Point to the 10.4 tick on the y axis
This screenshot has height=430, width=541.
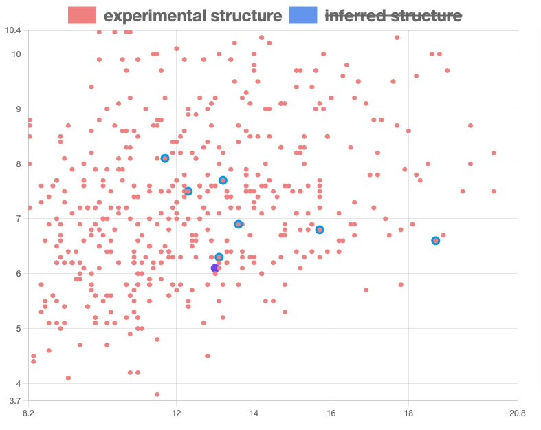click(12, 30)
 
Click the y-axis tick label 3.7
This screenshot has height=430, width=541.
click(14, 400)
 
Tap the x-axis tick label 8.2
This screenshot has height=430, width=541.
click(28, 413)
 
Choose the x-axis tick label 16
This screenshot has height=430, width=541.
click(331, 413)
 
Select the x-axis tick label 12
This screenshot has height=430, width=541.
click(176, 413)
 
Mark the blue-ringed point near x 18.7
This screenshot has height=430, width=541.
click(436, 241)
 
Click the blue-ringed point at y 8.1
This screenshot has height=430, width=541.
click(165, 158)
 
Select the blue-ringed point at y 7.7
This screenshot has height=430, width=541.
click(223, 180)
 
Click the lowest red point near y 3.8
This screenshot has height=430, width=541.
click(157, 394)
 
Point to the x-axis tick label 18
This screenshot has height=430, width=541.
click(408, 413)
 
